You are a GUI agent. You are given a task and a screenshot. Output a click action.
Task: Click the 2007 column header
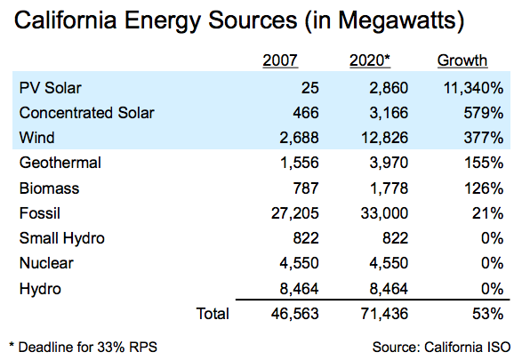point(280,60)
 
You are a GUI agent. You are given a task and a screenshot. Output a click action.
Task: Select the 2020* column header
point(370,60)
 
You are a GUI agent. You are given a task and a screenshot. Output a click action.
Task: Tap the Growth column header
point(462,60)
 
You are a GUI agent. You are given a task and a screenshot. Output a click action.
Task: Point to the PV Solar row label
point(51,88)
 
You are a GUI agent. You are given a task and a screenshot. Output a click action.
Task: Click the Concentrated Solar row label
point(86,113)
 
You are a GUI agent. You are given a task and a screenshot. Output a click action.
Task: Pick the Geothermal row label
point(60,163)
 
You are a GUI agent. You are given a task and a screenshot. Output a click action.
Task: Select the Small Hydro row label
point(62,238)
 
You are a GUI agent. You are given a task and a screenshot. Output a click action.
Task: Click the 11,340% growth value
point(473,88)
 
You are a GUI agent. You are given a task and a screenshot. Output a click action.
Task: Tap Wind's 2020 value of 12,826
point(384,138)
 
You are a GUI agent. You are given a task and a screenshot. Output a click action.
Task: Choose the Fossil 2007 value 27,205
point(295,213)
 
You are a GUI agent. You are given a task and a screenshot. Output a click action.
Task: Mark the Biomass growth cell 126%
point(484,188)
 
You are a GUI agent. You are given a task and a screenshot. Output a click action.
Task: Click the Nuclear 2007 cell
point(299,263)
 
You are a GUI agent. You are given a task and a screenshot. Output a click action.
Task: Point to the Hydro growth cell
point(492,289)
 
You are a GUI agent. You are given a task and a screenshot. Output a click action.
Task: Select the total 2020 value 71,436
point(384,314)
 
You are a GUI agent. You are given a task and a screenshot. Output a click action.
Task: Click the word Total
point(213,314)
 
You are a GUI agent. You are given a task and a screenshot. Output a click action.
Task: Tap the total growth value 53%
point(487,314)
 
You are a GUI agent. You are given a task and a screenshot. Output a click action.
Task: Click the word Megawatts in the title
point(397,20)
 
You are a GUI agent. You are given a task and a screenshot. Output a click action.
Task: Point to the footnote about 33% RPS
point(83,347)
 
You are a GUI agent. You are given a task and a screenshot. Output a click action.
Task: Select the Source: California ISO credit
point(441,347)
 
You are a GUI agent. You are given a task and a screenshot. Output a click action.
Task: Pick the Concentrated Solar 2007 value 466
point(306,113)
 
